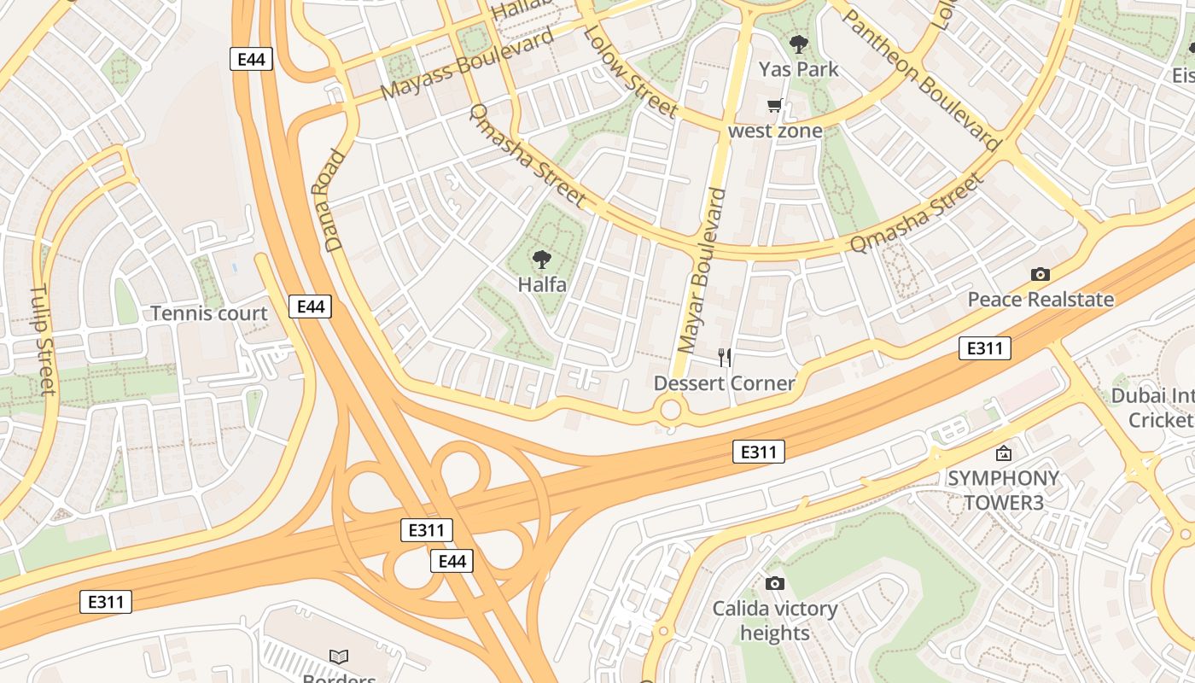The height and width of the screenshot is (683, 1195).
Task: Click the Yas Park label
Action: pyautogui.click(x=798, y=69)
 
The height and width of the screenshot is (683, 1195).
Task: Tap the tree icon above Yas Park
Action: pyautogui.click(x=798, y=44)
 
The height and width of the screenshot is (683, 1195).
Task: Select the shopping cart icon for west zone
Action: pyautogui.click(x=774, y=106)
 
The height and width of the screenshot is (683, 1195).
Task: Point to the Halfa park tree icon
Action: pyautogui.click(x=541, y=260)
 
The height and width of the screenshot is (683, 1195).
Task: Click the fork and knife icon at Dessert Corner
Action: pyautogui.click(x=724, y=357)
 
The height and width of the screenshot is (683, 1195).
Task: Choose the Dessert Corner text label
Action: pyautogui.click(x=724, y=383)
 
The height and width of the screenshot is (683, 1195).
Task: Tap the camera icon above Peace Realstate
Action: pyautogui.click(x=1040, y=274)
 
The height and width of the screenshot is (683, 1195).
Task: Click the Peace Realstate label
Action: pyautogui.click(x=1040, y=300)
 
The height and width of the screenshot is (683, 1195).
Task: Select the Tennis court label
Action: pyautogui.click(x=209, y=313)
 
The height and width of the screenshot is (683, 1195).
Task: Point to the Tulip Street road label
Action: pyautogui.click(x=42, y=340)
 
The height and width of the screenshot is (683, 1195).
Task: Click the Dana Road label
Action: pyautogui.click(x=335, y=201)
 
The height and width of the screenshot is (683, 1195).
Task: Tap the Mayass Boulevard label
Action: pyautogui.click(x=467, y=63)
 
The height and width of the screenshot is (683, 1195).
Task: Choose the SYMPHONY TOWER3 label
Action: pyautogui.click(x=1003, y=490)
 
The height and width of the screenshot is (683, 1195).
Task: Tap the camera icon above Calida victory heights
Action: pyautogui.click(x=774, y=583)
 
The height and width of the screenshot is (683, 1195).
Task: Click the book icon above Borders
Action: pyautogui.click(x=339, y=657)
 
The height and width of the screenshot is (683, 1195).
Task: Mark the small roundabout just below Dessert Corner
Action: pyautogui.click(x=671, y=410)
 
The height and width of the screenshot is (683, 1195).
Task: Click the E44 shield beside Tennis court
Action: pyautogui.click(x=309, y=306)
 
